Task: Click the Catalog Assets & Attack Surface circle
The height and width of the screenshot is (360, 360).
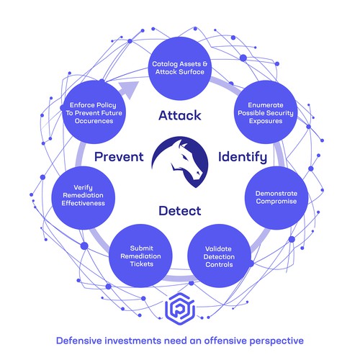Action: coord(180,68)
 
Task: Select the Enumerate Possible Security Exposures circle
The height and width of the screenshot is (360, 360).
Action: coord(266,112)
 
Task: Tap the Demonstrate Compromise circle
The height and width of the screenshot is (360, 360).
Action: coord(276,198)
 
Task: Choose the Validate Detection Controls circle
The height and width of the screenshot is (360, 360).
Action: coord(219,256)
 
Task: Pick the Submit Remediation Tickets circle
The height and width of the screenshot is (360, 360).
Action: coord(140,256)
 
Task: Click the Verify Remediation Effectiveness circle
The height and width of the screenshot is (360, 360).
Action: coord(84,198)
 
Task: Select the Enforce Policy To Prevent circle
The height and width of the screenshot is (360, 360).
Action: coord(94,112)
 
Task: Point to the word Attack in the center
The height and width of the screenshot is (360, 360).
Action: coord(180,115)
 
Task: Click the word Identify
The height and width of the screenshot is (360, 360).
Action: coord(243,158)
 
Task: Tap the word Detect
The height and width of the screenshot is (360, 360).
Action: coord(180,211)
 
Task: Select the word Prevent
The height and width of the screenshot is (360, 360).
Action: coord(119,157)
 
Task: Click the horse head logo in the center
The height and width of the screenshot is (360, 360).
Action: coord(180,162)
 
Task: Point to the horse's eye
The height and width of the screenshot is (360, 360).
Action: coord(185,157)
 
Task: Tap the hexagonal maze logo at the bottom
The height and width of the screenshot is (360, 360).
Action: coord(180,309)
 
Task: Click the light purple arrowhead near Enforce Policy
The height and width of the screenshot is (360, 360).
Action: coord(131,89)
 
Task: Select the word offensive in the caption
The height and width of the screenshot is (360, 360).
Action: coord(225,341)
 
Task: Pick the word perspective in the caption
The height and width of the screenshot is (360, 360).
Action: coord(276,341)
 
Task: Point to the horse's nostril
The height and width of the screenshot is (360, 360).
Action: coord(198,174)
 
